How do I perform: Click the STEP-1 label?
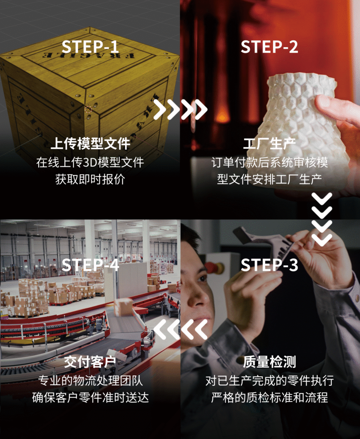tap(90, 46)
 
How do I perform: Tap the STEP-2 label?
tap(269, 46)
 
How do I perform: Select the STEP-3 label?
tap(269, 265)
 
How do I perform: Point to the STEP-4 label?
tap(90, 265)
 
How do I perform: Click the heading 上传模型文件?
tap(90, 143)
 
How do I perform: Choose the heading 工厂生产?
tap(269, 143)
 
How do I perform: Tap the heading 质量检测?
tap(269, 362)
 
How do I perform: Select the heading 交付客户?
tap(90, 362)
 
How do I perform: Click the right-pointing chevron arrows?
tap(180, 109)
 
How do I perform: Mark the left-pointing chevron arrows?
tap(180, 329)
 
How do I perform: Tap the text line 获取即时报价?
tap(90, 180)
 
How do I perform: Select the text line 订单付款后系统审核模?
tap(269, 162)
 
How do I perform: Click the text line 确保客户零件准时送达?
tap(90, 397)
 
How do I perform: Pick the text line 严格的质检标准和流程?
tap(269, 397)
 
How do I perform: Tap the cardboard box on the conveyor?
tap(123, 306)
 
